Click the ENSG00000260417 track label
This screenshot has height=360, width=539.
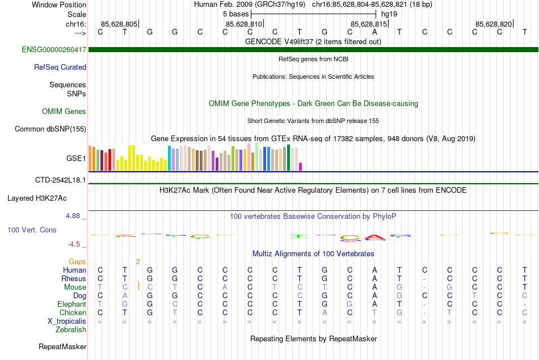coord(54,50)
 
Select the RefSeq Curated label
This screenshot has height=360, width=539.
coord(60,67)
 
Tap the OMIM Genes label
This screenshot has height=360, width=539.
coord(64,112)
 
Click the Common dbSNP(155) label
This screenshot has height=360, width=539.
coord(50,129)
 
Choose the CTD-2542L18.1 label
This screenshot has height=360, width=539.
coord(61,180)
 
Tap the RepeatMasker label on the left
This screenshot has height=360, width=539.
coord(62,346)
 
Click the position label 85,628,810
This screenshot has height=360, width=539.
coord(244,24)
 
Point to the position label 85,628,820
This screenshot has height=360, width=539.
coord(494,24)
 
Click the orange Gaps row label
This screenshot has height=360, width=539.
coord(78,261)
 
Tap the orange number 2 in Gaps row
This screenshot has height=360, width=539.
coord(138,261)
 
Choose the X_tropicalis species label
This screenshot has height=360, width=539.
coord(67,321)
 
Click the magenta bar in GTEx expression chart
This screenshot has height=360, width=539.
coord(301,167)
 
